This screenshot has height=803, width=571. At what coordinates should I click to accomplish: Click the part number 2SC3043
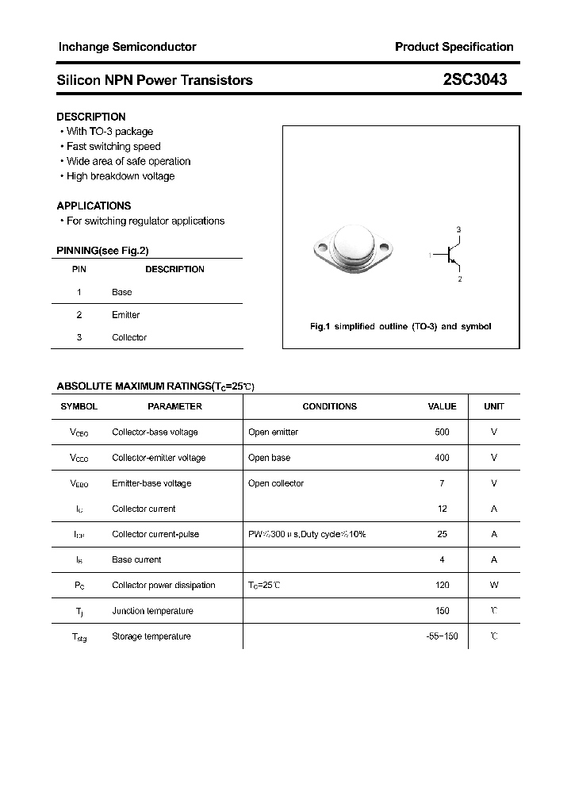475,79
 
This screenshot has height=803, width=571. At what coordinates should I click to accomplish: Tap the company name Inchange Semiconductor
127,47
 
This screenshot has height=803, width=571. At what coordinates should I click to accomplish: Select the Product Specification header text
454,47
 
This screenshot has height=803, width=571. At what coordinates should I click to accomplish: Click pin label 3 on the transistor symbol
458,229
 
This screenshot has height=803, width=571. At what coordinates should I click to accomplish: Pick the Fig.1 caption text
400,327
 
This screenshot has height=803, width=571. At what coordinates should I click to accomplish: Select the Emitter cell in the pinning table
125,315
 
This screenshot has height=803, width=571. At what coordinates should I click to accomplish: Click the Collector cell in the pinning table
129,337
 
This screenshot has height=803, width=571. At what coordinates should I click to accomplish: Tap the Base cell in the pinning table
121,292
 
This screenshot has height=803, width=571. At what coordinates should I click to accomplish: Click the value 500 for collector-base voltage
442,432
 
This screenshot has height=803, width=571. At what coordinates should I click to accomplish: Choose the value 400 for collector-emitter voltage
442,458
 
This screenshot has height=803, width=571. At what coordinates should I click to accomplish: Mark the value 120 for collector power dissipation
442,585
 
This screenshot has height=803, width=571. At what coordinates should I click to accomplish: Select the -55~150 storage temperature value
442,636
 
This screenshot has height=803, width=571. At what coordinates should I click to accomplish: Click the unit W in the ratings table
493,585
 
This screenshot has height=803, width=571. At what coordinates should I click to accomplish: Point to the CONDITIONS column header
329,406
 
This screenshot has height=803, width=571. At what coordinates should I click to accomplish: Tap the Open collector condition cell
275,483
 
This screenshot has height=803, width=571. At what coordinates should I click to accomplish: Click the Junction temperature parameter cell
152,611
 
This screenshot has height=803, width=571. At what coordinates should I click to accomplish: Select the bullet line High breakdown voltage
120,176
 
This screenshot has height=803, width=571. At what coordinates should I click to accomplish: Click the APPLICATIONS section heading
94,206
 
